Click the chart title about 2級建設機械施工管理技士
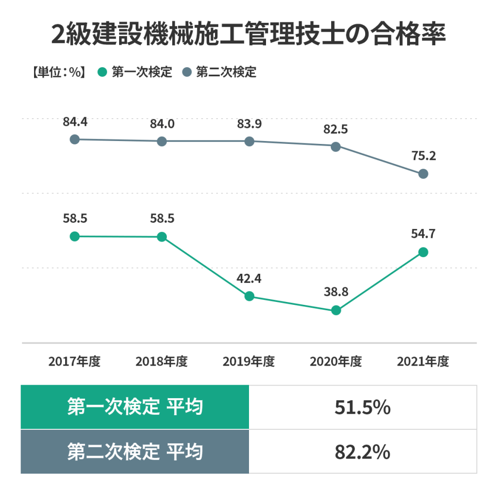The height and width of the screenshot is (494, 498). pos(249,35)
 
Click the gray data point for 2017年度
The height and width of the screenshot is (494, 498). pos(74,140)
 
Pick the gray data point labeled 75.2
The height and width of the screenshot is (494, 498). pos(423,174)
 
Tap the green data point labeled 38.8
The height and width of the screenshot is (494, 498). pos(336,310)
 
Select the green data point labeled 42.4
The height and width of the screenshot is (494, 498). pos(249,296)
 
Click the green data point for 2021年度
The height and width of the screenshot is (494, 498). pos(423,252)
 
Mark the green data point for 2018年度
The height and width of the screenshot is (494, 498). pos(162,237)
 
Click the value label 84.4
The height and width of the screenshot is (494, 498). pos(75,122)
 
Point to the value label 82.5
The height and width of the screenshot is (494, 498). pos(336,129)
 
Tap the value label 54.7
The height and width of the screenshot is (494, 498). pos(423,234)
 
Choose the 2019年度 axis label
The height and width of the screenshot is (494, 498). pos(249,362)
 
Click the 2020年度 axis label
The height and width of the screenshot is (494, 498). pos(336,362)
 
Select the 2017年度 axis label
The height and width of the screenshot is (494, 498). pos(74,362)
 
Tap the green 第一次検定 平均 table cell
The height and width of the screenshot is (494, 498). pos(135,407)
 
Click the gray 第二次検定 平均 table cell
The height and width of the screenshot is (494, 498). pos(135,452)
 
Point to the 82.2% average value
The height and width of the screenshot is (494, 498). pos(362,452)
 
